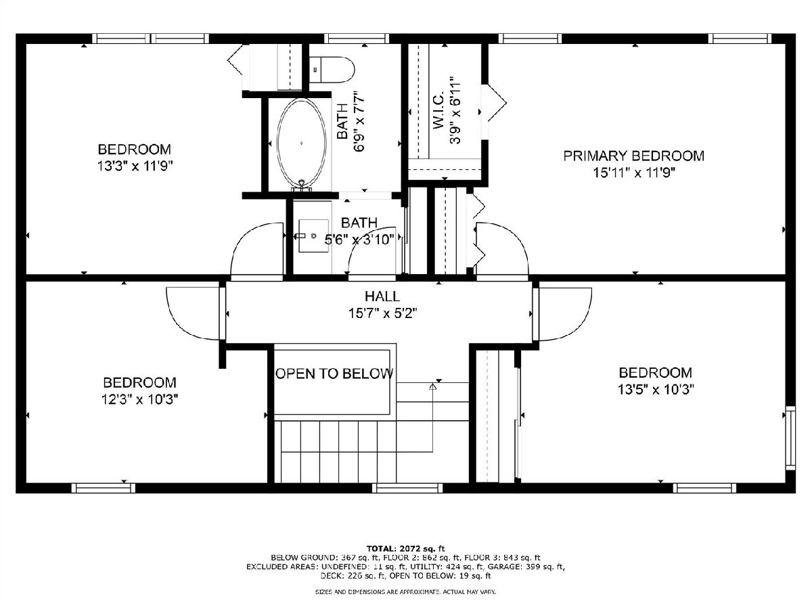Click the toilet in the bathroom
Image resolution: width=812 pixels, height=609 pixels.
(x=332, y=70)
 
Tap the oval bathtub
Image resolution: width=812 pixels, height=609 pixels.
(x=302, y=142)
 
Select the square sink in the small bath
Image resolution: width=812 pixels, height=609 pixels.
(x=313, y=236)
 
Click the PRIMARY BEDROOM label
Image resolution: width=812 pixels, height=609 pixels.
(x=633, y=156)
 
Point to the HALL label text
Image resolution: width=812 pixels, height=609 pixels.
(x=382, y=296)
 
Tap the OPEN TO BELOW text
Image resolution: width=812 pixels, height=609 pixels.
(x=334, y=374)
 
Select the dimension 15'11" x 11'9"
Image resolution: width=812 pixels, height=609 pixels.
(x=634, y=173)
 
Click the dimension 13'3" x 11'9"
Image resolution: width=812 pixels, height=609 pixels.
(x=135, y=166)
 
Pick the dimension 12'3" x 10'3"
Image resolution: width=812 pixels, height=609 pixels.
(x=139, y=399)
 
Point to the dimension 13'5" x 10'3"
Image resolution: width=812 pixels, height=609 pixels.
(x=656, y=389)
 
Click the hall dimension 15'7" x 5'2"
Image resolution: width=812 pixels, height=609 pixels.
(x=382, y=313)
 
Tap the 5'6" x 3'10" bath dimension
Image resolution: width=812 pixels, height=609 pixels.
(x=359, y=240)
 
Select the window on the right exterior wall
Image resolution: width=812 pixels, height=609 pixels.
(x=790, y=438)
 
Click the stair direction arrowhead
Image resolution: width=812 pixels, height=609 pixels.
(x=432, y=387)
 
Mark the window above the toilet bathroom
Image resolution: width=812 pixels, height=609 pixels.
(x=357, y=39)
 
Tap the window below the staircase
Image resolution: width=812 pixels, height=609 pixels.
(x=407, y=488)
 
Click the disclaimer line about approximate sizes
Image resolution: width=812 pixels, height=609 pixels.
(x=405, y=592)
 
